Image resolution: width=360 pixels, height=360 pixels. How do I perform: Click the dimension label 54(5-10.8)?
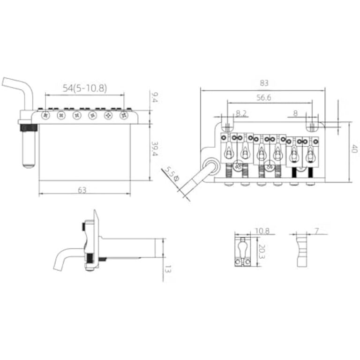(85, 88)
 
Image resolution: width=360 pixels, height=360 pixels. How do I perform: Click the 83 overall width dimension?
(263, 83)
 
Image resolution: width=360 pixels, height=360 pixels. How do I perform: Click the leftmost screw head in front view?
(45, 115)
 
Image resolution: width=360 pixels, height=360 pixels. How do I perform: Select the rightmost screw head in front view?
(124, 115)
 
